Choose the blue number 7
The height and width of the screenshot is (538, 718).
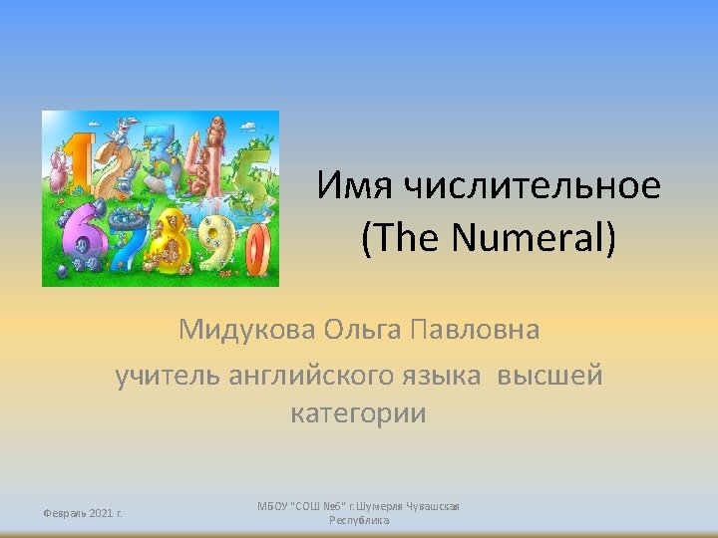(x=126, y=239)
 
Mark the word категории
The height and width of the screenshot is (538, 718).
(x=358, y=413)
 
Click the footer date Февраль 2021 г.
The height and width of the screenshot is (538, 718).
(x=82, y=513)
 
